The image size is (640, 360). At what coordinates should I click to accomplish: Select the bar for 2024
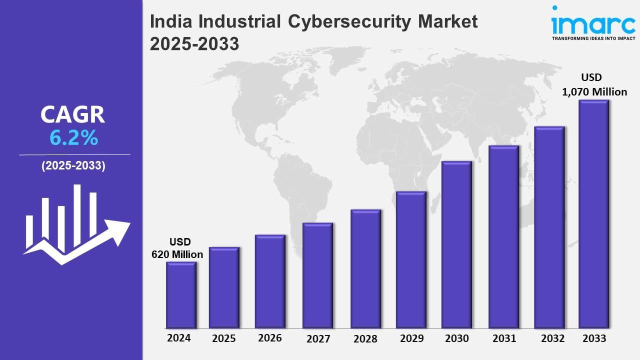(181, 295)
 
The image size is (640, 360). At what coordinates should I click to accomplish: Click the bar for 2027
(317, 275)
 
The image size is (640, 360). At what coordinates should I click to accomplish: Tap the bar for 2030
(456, 244)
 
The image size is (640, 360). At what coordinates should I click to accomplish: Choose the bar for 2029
(411, 260)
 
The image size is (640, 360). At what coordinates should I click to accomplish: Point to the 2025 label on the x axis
(223, 338)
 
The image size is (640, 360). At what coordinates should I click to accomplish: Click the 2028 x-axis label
(365, 339)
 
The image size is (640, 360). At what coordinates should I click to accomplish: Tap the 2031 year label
(503, 338)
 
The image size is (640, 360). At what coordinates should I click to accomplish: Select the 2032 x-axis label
(552, 338)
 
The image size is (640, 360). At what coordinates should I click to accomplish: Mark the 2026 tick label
(270, 338)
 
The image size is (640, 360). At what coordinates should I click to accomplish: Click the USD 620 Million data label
(177, 248)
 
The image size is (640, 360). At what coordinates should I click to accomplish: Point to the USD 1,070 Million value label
(594, 84)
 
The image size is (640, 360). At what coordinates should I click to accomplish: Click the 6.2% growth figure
(73, 138)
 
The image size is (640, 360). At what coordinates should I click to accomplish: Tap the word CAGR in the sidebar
(73, 114)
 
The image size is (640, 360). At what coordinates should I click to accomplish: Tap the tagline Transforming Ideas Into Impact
(593, 38)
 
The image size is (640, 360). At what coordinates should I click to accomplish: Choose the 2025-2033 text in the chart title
(194, 44)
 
